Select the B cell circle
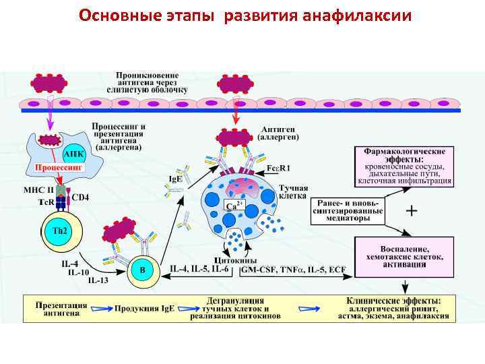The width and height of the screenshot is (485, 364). [x=142, y=270]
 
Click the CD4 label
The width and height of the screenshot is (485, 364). [x=81, y=198]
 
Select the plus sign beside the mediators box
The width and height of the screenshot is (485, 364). [x=411, y=211]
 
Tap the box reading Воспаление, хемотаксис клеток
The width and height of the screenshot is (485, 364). [x=403, y=257]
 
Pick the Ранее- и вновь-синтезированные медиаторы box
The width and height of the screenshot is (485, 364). [x=346, y=210]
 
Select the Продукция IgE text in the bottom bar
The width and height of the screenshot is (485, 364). [x=144, y=308]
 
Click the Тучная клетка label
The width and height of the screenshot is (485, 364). [x=294, y=193]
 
